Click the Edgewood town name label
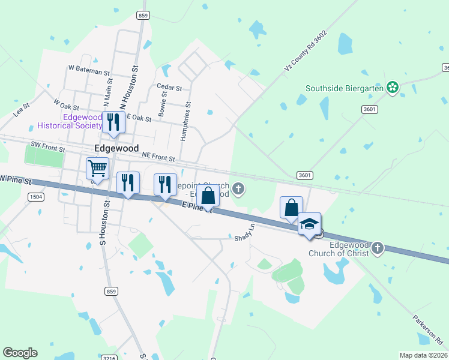(x=116, y=148)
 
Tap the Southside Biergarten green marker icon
(x=393, y=88)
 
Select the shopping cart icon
(x=97, y=167)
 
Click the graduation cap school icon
(x=309, y=224)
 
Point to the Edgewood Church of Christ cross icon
(x=378, y=247)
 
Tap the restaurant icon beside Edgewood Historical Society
(x=113, y=122)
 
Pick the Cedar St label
(x=169, y=87)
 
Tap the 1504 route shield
(x=35, y=196)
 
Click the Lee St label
(x=22, y=110)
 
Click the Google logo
(x=20, y=353)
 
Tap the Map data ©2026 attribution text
(x=423, y=355)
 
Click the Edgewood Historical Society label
(x=70, y=121)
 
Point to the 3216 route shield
(x=109, y=358)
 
